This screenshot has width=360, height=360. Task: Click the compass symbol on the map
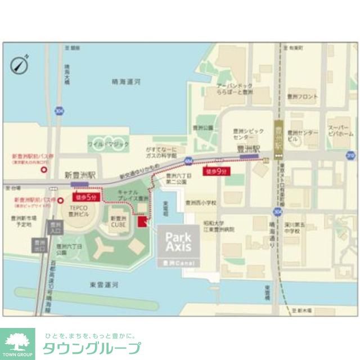click(x=20, y=65)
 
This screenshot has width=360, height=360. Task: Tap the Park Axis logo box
click(x=178, y=241)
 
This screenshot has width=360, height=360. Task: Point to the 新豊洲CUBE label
click(x=118, y=221)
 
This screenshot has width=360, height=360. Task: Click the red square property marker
click(x=142, y=222)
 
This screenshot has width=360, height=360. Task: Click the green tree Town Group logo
click(x=17, y=344)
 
